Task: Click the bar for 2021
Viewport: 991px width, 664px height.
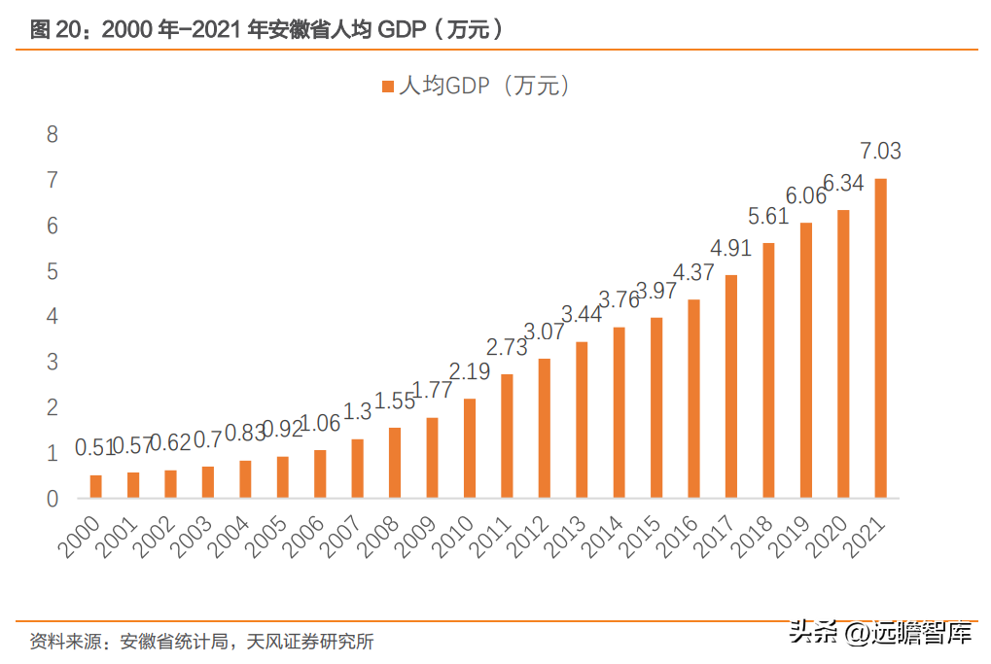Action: pos(880,338)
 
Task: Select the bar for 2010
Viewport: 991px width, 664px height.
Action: pos(470,448)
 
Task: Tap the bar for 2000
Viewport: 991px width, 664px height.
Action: pos(96,486)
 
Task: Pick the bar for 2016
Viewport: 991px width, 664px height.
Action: pos(694,399)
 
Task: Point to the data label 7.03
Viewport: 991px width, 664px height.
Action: pos(880,151)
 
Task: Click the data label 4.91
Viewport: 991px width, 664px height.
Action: pos(730,248)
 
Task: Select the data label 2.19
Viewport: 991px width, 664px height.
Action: pos(470,371)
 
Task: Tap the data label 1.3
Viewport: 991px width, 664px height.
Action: pos(357,412)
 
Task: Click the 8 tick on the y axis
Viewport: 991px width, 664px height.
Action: pos(53,134)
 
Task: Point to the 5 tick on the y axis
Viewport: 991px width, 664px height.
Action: pos(53,271)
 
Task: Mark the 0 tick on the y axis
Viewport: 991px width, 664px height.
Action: pos(53,499)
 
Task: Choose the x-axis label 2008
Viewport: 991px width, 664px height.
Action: pos(378,537)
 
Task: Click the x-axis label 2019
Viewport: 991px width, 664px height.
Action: pos(789,537)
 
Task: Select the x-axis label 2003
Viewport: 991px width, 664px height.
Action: pos(192,537)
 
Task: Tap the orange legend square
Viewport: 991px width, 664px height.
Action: pos(388,87)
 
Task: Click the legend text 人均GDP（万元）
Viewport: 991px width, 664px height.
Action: pos(484,86)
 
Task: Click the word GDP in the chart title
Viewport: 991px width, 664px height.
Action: pos(402,29)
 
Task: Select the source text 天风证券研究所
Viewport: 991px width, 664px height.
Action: pos(309,642)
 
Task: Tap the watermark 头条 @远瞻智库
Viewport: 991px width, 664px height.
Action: pos(880,633)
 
